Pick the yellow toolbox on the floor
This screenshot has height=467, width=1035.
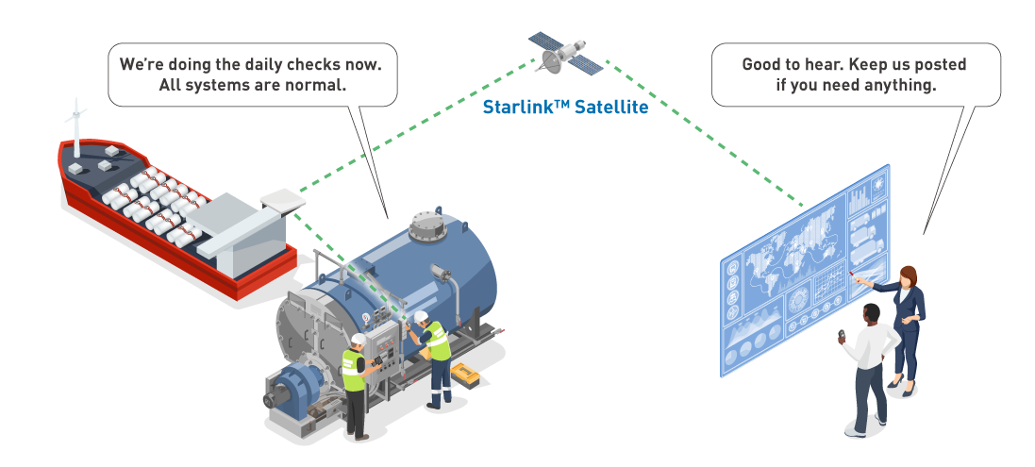pyautogui.click(x=464, y=375)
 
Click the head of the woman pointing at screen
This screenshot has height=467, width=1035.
pyautogui.click(x=909, y=275)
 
